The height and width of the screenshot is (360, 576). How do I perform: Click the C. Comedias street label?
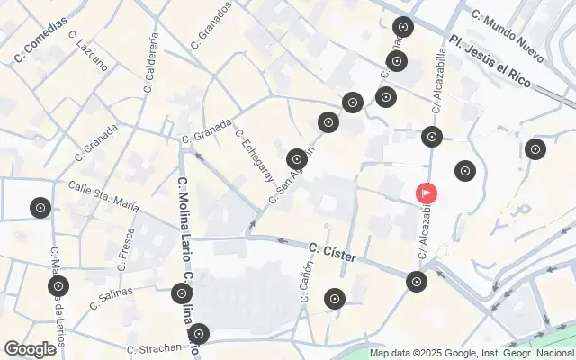[x=41, y=43]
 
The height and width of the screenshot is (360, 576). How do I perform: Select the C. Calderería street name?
[x=151, y=63]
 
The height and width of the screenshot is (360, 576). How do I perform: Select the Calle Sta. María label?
[x=103, y=196]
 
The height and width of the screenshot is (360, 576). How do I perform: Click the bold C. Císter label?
[x=332, y=252]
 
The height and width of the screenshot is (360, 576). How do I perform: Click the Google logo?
[x=30, y=349]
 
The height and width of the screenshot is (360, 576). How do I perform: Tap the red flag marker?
[x=426, y=192]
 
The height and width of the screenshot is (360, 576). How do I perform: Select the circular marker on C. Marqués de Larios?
[x=58, y=288]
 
